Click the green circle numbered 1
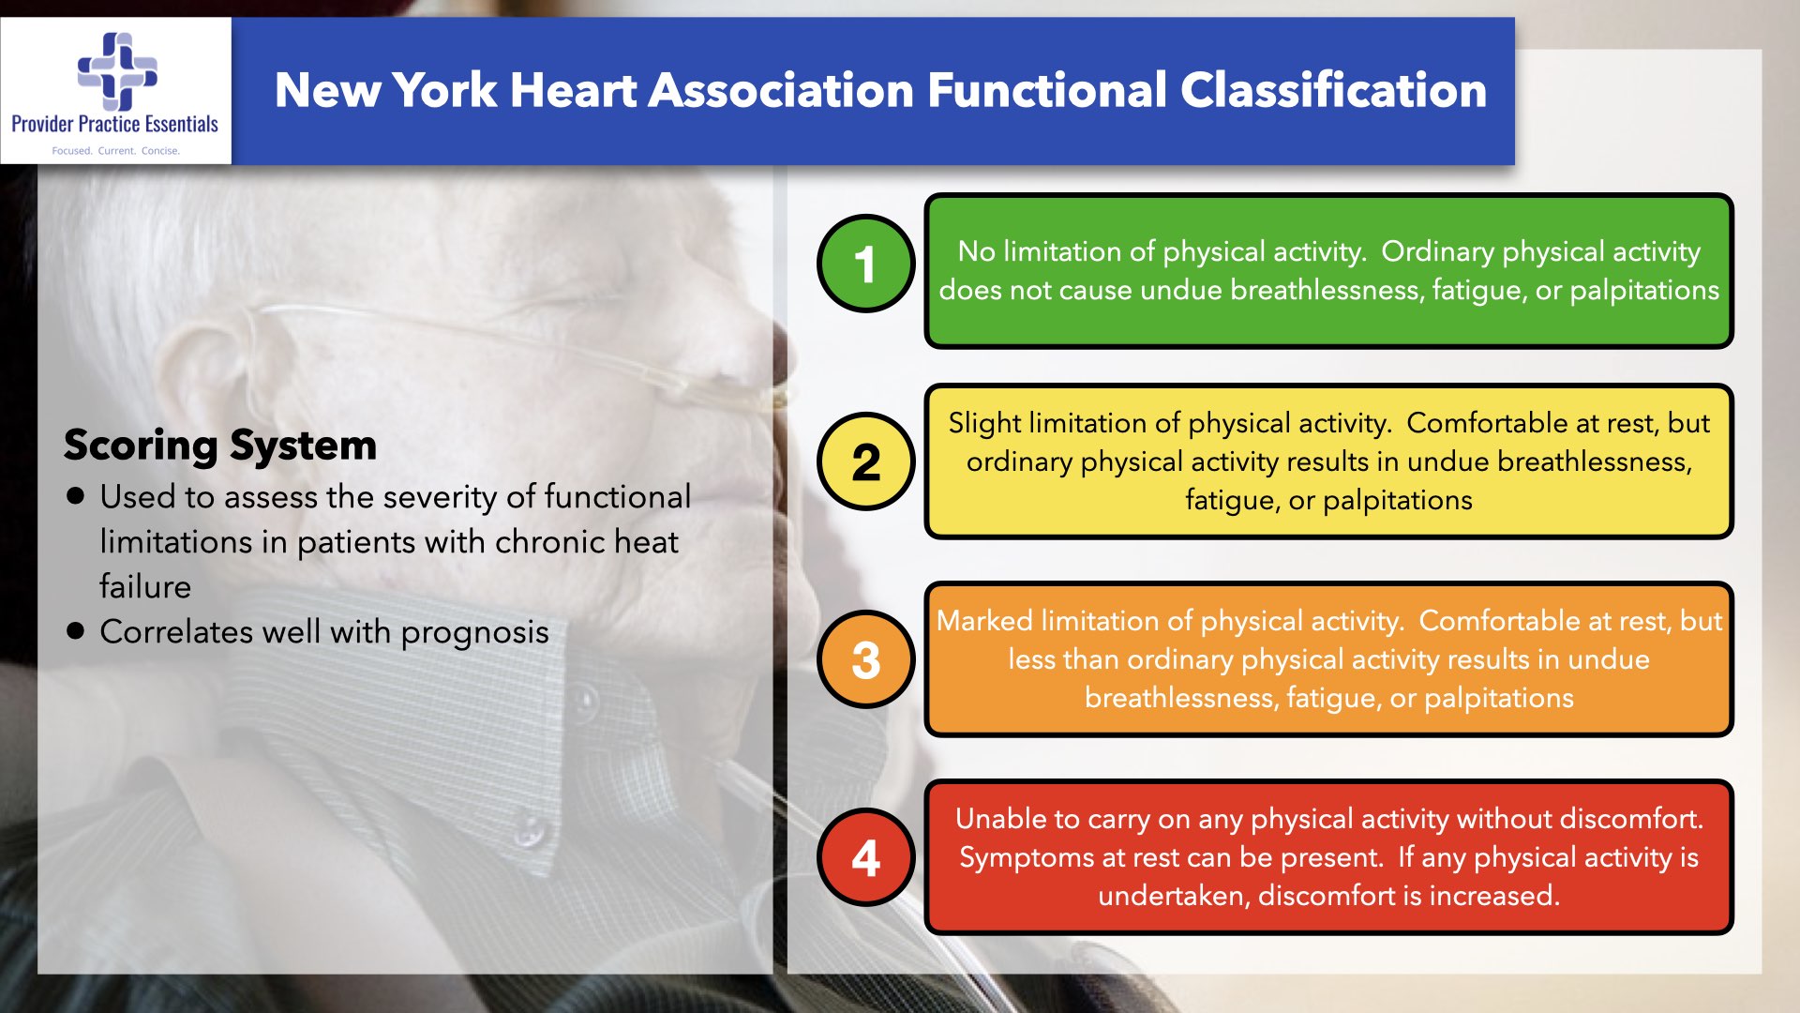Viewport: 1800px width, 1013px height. [865, 264]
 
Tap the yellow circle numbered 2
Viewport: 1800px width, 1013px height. [865, 461]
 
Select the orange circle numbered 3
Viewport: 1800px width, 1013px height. [865, 659]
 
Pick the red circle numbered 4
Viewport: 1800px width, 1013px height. [865, 857]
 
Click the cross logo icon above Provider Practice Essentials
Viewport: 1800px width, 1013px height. [117, 71]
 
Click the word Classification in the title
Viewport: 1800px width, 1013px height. [1333, 91]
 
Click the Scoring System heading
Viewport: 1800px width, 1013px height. [220, 446]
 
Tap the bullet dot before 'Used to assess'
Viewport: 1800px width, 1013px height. [76, 496]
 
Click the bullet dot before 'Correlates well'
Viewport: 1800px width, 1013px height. [76, 630]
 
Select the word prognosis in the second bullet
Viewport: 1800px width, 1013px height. [474, 633]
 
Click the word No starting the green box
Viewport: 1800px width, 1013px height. [976, 251]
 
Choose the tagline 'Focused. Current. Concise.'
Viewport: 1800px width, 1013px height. [115, 150]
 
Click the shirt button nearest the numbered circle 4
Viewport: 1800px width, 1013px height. [531, 831]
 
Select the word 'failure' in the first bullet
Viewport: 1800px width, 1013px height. [145, 587]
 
